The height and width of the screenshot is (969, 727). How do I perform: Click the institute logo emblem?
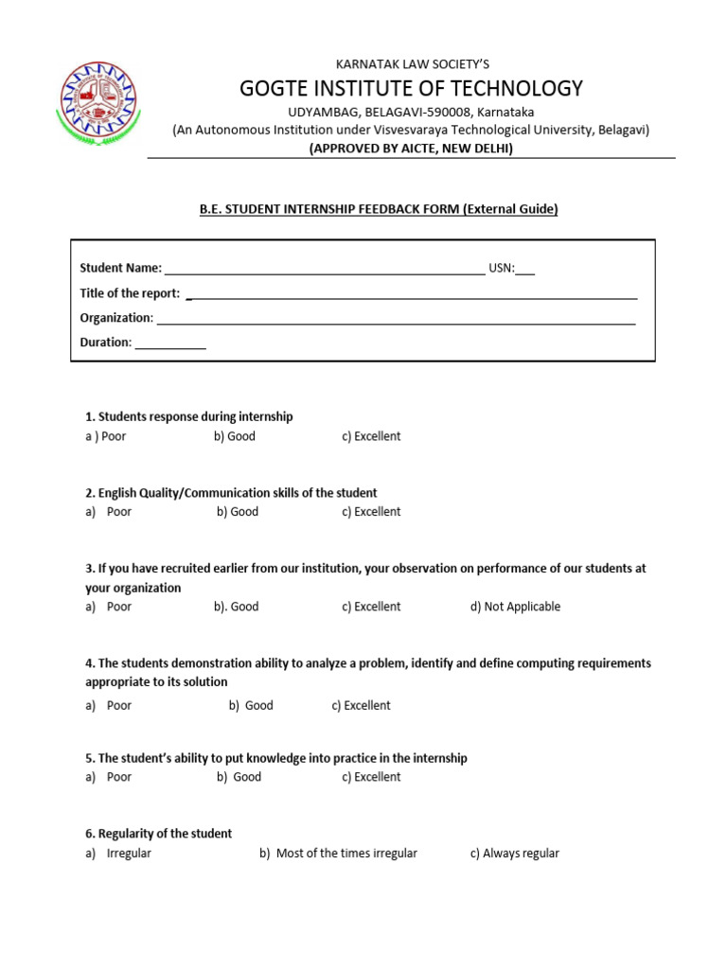pyautogui.click(x=98, y=109)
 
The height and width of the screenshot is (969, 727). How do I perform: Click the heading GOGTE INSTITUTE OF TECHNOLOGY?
pyautogui.click(x=411, y=89)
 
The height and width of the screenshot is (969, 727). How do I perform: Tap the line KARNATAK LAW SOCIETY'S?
pyautogui.click(x=411, y=63)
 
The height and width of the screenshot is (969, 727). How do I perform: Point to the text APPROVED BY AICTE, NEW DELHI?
pyautogui.click(x=411, y=149)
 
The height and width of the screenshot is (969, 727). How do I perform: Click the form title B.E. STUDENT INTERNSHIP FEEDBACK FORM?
pyautogui.click(x=379, y=209)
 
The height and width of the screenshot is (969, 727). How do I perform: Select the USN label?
pyautogui.click(x=501, y=268)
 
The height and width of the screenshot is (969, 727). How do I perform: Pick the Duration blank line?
pyautogui.click(x=170, y=344)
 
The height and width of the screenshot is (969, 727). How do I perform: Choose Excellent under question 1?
pyautogui.click(x=371, y=436)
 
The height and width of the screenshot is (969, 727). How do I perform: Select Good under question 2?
pyautogui.click(x=238, y=512)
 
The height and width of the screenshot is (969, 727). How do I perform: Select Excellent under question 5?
pyautogui.click(x=371, y=777)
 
